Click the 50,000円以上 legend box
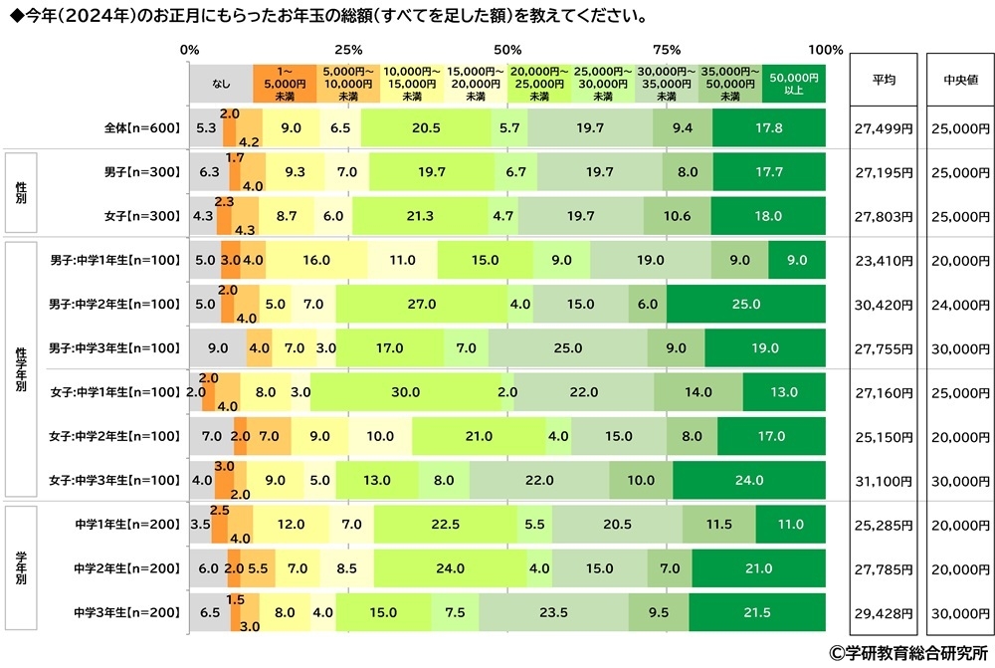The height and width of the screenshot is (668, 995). (x=794, y=83)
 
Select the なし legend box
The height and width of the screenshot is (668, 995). (x=221, y=83)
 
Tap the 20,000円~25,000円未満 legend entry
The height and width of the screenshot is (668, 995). (x=539, y=83)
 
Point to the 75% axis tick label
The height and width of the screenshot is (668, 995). (x=666, y=50)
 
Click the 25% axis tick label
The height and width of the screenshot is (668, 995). (x=348, y=50)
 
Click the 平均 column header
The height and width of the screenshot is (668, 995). (x=883, y=81)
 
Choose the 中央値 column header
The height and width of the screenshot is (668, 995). (x=960, y=81)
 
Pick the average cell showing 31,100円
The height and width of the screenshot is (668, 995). (x=883, y=480)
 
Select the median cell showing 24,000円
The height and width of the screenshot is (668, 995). (x=960, y=304)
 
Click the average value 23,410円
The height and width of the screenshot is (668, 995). (x=883, y=261)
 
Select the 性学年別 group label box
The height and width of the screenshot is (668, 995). (x=21, y=369)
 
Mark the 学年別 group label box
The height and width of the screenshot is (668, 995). (x=21, y=568)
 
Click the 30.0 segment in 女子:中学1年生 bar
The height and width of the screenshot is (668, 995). (x=405, y=392)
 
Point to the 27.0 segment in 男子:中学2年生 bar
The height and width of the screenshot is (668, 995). (x=420, y=304)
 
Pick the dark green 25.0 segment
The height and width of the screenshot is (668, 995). (x=745, y=304)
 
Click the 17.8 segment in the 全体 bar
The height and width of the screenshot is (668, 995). (x=768, y=128)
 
